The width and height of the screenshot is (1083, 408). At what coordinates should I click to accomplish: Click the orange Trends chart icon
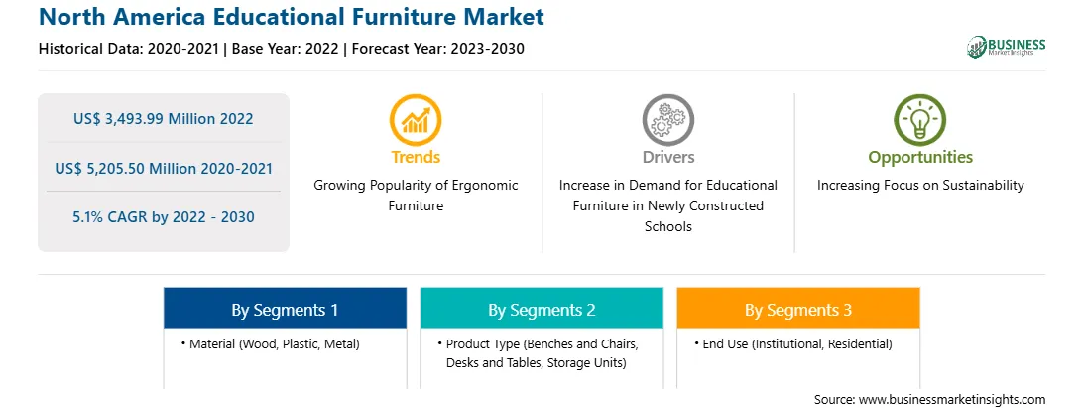click(416, 119)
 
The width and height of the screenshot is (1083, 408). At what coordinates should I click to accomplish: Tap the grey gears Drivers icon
click(667, 119)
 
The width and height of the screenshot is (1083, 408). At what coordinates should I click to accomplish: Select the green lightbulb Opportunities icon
click(920, 119)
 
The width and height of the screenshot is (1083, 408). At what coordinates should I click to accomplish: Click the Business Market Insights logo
click(1007, 47)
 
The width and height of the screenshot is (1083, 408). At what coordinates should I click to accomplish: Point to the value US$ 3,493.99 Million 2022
click(164, 119)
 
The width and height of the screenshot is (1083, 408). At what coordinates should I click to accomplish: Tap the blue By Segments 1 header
click(286, 310)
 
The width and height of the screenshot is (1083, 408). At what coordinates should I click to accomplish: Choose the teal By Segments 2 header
click(541, 310)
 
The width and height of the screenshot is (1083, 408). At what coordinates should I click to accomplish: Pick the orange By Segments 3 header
click(798, 310)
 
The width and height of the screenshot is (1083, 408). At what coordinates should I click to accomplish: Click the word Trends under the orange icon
click(416, 157)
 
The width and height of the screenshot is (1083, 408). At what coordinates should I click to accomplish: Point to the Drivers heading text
click(668, 157)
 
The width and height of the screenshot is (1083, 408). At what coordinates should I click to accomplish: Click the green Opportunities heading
click(920, 157)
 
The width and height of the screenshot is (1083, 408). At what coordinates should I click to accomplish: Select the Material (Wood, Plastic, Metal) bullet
click(272, 343)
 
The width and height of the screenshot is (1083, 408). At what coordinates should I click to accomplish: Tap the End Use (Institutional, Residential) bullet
click(793, 343)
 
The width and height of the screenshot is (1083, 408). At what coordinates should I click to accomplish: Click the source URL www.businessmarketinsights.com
click(952, 400)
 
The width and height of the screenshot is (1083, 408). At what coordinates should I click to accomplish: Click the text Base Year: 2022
click(286, 49)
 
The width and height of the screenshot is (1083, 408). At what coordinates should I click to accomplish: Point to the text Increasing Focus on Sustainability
click(920, 186)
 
